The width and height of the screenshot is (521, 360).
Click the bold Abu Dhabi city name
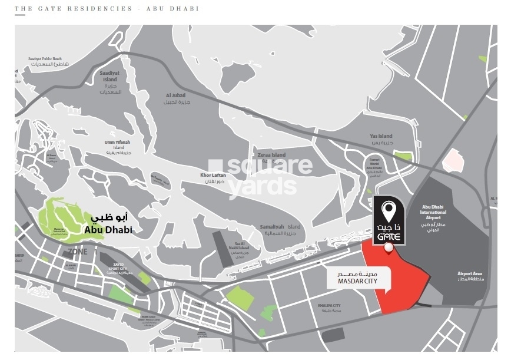(x=108, y=230)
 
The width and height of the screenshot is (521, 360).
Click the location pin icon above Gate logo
(x=388, y=209)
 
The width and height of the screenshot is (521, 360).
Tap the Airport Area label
(x=470, y=276)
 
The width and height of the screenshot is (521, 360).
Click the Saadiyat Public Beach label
(x=45, y=61)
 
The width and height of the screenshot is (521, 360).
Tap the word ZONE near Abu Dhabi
(x=77, y=252)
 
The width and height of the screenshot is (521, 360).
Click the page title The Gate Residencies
(x=107, y=9)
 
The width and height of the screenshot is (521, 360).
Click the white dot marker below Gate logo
(x=388, y=249)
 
